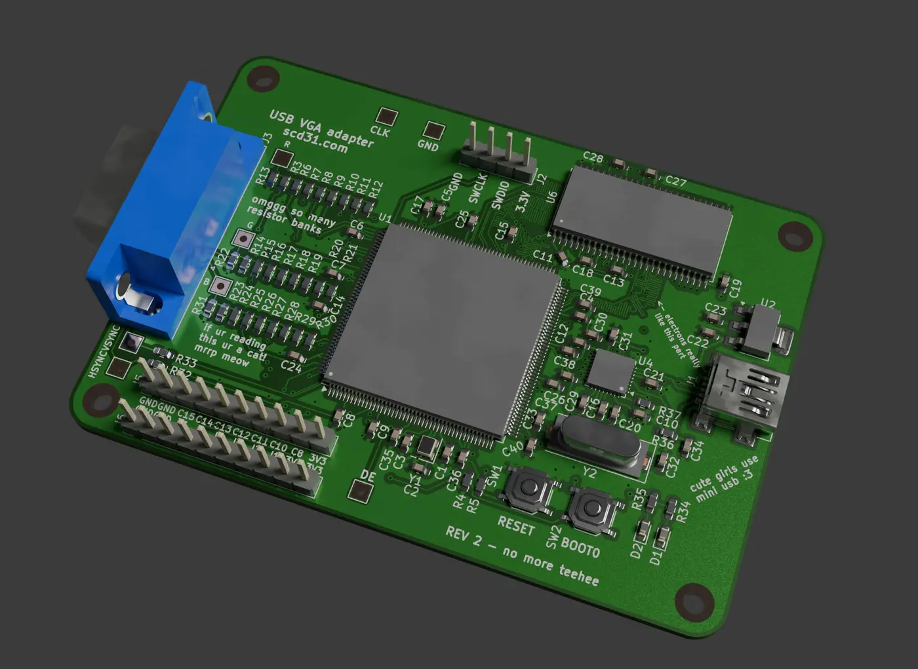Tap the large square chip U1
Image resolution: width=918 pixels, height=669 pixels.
tap(443, 331)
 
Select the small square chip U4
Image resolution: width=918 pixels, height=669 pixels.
tap(610, 371)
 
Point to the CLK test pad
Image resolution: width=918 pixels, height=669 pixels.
tap(387, 117)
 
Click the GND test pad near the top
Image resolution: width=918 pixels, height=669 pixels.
tap(433, 130)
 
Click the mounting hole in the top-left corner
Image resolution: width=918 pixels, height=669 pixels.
tap(264, 78)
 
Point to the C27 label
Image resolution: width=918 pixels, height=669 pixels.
tap(675, 181)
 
